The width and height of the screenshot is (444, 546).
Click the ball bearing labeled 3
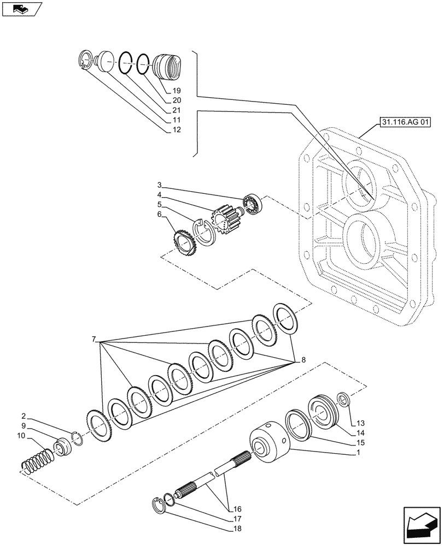pos(254,204)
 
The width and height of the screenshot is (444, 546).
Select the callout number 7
pos(95,340)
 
